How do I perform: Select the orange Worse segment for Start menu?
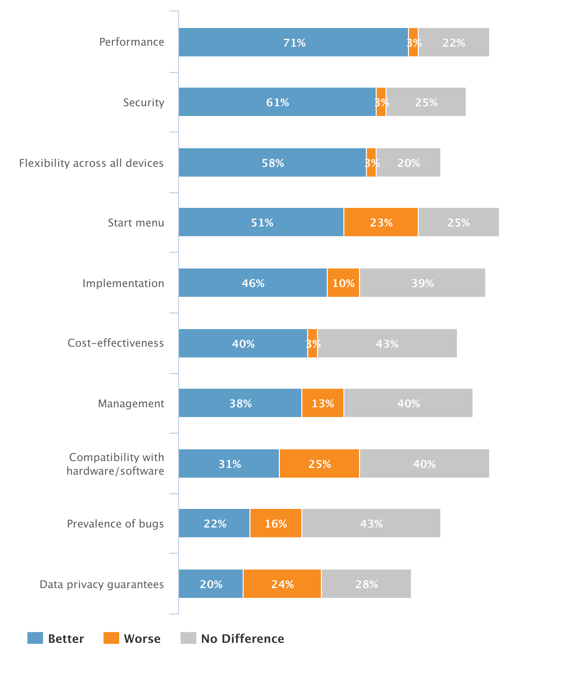point(381,222)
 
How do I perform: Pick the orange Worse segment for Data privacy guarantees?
point(282,584)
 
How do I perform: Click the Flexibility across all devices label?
point(91,163)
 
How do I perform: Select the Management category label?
point(131,403)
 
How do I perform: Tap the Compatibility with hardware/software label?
point(115,464)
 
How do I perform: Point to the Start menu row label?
point(136,223)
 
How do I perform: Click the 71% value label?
point(294,43)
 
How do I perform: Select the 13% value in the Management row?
point(323,403)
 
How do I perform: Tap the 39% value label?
point(422,283)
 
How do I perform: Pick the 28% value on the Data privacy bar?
point(366,584)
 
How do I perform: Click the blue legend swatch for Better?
point(35,638)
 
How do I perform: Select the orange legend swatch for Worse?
point(111,638)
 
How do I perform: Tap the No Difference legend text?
point(242,639)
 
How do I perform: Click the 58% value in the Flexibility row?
point(273,163)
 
